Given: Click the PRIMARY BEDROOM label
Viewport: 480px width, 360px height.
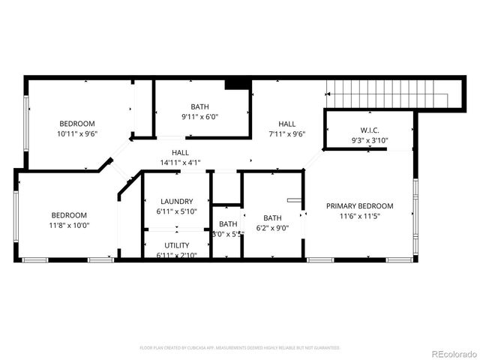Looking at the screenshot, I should point(359,205).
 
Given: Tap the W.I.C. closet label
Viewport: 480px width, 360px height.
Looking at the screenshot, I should point(369,129).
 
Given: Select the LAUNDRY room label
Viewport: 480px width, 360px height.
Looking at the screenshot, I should point(177,201).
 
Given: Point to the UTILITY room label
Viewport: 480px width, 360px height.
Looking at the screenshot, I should point(177,245).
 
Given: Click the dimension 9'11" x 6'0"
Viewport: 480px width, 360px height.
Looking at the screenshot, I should point(199,117).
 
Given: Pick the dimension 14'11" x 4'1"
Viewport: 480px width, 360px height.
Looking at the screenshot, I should point(180,163).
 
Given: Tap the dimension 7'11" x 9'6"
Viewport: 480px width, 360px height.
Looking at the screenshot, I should point(287,134).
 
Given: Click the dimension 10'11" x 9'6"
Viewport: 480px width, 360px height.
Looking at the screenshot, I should point(77,133).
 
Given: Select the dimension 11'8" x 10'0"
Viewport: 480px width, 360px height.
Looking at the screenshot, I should point(68,225).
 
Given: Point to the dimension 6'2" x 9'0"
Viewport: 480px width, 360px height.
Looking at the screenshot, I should point(271,229).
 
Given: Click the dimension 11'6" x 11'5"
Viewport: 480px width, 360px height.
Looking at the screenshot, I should point(359,216).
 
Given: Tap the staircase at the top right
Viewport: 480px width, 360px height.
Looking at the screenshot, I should point(390,95).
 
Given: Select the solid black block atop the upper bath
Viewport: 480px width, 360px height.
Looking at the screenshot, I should point(237,84).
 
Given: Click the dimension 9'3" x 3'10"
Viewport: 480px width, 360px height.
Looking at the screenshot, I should point(369,140).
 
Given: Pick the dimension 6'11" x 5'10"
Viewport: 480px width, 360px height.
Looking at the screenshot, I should point(177,212).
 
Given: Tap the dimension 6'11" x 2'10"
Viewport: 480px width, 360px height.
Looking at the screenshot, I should point(177,256).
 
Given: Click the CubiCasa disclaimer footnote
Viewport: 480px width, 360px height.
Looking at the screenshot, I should point(240,348).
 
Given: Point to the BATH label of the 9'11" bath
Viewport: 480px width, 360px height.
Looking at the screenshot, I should point(199,106).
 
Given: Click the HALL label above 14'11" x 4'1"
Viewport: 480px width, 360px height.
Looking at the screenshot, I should point(180,152).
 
